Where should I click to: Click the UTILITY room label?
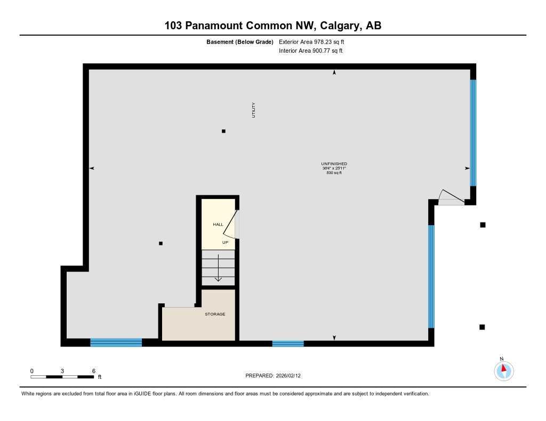pos(254,110)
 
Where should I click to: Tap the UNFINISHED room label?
pos(334,163)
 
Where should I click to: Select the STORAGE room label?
pos(215,314)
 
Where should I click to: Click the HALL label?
pos(218,225)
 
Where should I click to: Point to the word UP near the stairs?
pos(226,242)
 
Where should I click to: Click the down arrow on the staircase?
pos(218,268)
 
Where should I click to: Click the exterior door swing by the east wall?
pos(449,197)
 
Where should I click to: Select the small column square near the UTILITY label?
pos(223,131)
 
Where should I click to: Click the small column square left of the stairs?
pos(160,243)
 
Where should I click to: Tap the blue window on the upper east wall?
pos(473,133)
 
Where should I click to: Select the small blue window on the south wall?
pos(288,343)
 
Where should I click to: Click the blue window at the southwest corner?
pos(116,342)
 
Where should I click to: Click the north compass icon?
pos(503,370)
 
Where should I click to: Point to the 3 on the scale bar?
pos(62,371)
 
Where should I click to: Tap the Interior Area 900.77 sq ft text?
pos(310,51)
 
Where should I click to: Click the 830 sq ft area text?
pos(334,172)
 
